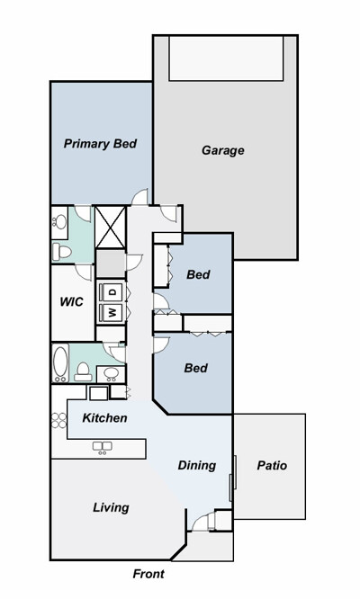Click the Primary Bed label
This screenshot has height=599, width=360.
(100, 144)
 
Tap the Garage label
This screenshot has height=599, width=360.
(223, 150)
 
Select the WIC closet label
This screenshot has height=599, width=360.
(71, 302)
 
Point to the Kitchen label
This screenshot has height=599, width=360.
(104, 417)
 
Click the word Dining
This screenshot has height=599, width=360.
(197, 465)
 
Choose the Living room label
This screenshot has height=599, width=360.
(112, 507)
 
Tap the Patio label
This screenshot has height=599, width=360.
(272, 465)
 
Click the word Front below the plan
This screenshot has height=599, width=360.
(148, 574)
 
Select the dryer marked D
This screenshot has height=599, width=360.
(112, 292)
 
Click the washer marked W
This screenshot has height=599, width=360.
(112, 312)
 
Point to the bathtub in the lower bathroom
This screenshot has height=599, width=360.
(60, 363)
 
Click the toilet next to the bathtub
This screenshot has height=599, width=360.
(83, 371)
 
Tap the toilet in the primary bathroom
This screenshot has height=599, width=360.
(62, 251)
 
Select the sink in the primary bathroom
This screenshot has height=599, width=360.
(60, 221)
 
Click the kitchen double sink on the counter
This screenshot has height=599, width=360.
(102, 447)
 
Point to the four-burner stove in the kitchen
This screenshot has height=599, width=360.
(58, 420)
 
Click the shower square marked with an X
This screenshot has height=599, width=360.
(111, 228)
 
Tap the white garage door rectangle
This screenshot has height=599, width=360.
(226, 58)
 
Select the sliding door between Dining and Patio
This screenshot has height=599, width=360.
(232, 478)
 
